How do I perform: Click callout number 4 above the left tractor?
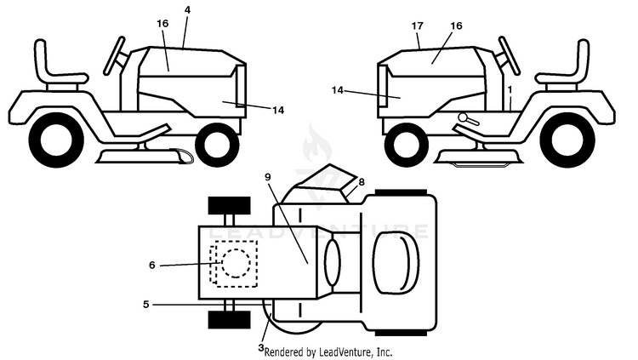pos(187,10)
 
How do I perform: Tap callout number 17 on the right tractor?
pos(417,26)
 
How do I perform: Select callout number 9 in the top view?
pos(267,177)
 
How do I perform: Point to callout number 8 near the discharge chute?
pos(362,182)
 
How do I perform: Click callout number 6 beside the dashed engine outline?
pos(152,266)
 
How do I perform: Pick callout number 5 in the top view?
pos(146,304)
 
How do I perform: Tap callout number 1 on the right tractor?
pos(510,89)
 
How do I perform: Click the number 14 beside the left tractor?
pos(278,110)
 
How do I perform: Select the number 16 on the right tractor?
pos(457,26)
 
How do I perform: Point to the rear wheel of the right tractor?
pos(572,140)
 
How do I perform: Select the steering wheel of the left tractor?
pos(115,56)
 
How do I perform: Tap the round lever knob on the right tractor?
pos(464,117)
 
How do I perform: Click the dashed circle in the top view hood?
pos(236,264)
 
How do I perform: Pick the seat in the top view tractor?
pos(396,262)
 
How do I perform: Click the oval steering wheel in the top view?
pos(332,262)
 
